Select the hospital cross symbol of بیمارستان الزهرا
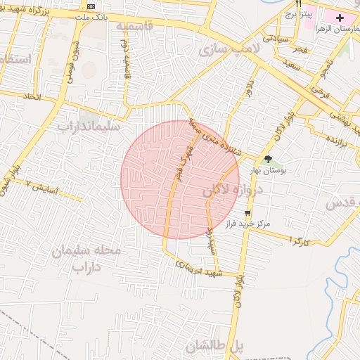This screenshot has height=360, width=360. coord(340,17)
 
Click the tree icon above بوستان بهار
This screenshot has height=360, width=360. coord(268,160)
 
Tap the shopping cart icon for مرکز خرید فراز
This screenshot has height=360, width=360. coord(247,212)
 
